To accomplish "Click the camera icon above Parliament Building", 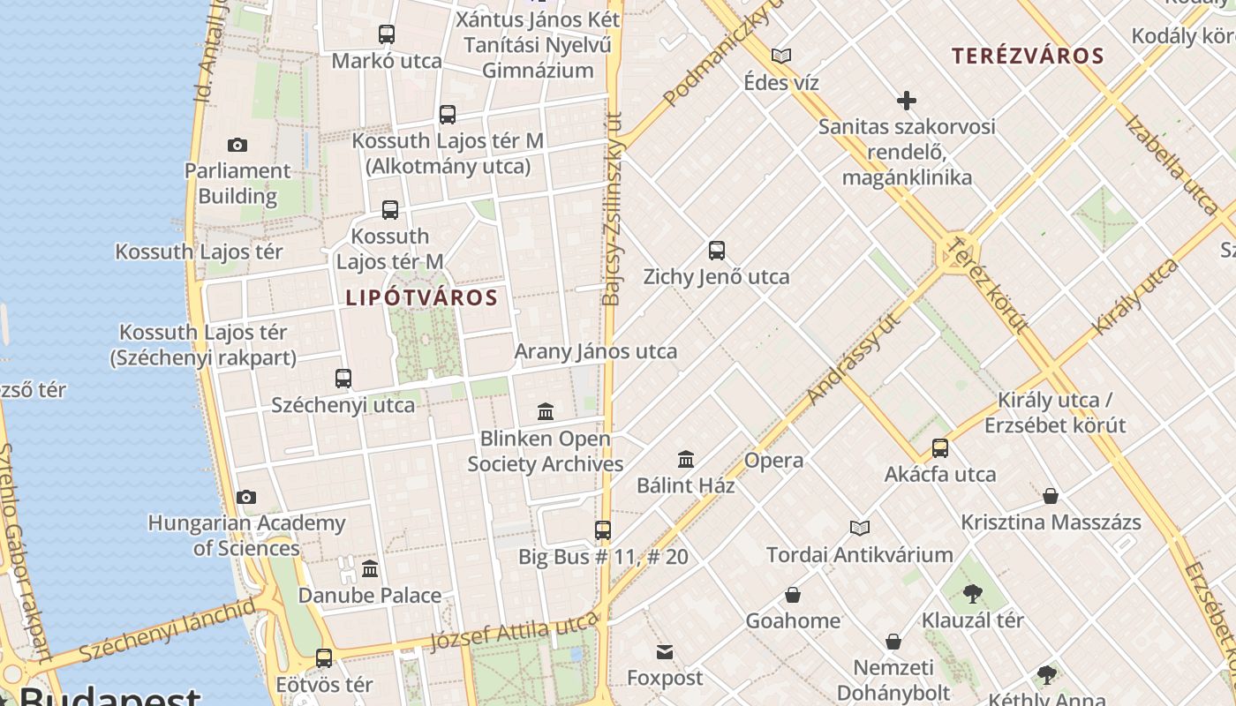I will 237,146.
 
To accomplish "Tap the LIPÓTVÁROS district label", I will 422,297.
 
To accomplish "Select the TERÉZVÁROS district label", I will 1028,56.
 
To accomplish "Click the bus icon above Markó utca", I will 387,34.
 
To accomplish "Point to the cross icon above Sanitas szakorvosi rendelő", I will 906,101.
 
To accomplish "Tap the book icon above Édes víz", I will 781,56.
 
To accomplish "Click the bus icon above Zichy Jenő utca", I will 717,251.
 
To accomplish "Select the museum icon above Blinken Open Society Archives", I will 546,412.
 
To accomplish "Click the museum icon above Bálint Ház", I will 686,459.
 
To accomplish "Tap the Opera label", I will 773,461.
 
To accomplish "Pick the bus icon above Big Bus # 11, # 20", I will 603,530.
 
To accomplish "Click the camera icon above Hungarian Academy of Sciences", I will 246,498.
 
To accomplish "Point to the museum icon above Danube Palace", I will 370,569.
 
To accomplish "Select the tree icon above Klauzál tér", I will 973,594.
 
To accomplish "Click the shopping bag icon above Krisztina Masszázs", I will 1051,496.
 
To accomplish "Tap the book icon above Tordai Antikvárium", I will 860,529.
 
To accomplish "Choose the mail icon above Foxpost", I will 665,652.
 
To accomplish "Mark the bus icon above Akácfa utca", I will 940,448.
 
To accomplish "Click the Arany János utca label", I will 596,351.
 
